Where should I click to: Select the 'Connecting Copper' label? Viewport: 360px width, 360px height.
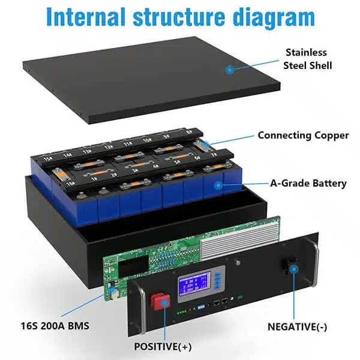[303, 135]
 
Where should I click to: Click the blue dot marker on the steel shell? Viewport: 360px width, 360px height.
[229, 70]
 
